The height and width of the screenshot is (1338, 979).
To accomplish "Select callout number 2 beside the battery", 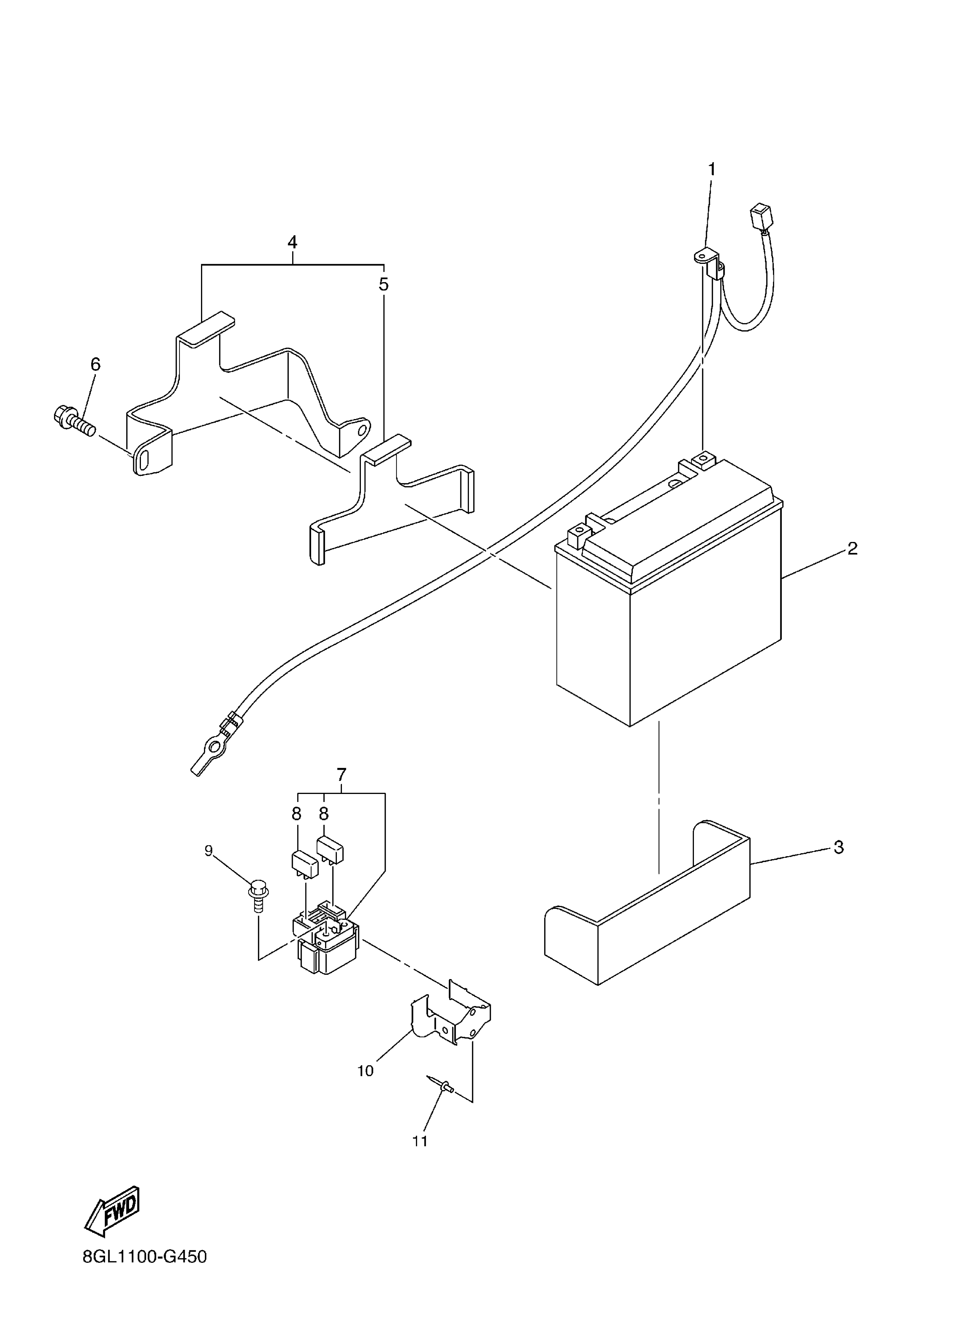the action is click(852, 548).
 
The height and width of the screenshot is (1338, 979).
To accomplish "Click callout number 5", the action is click(383, 285).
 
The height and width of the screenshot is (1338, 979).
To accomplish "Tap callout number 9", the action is click(209, 851).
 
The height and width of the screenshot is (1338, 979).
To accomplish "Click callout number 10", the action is click(366, 1071).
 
